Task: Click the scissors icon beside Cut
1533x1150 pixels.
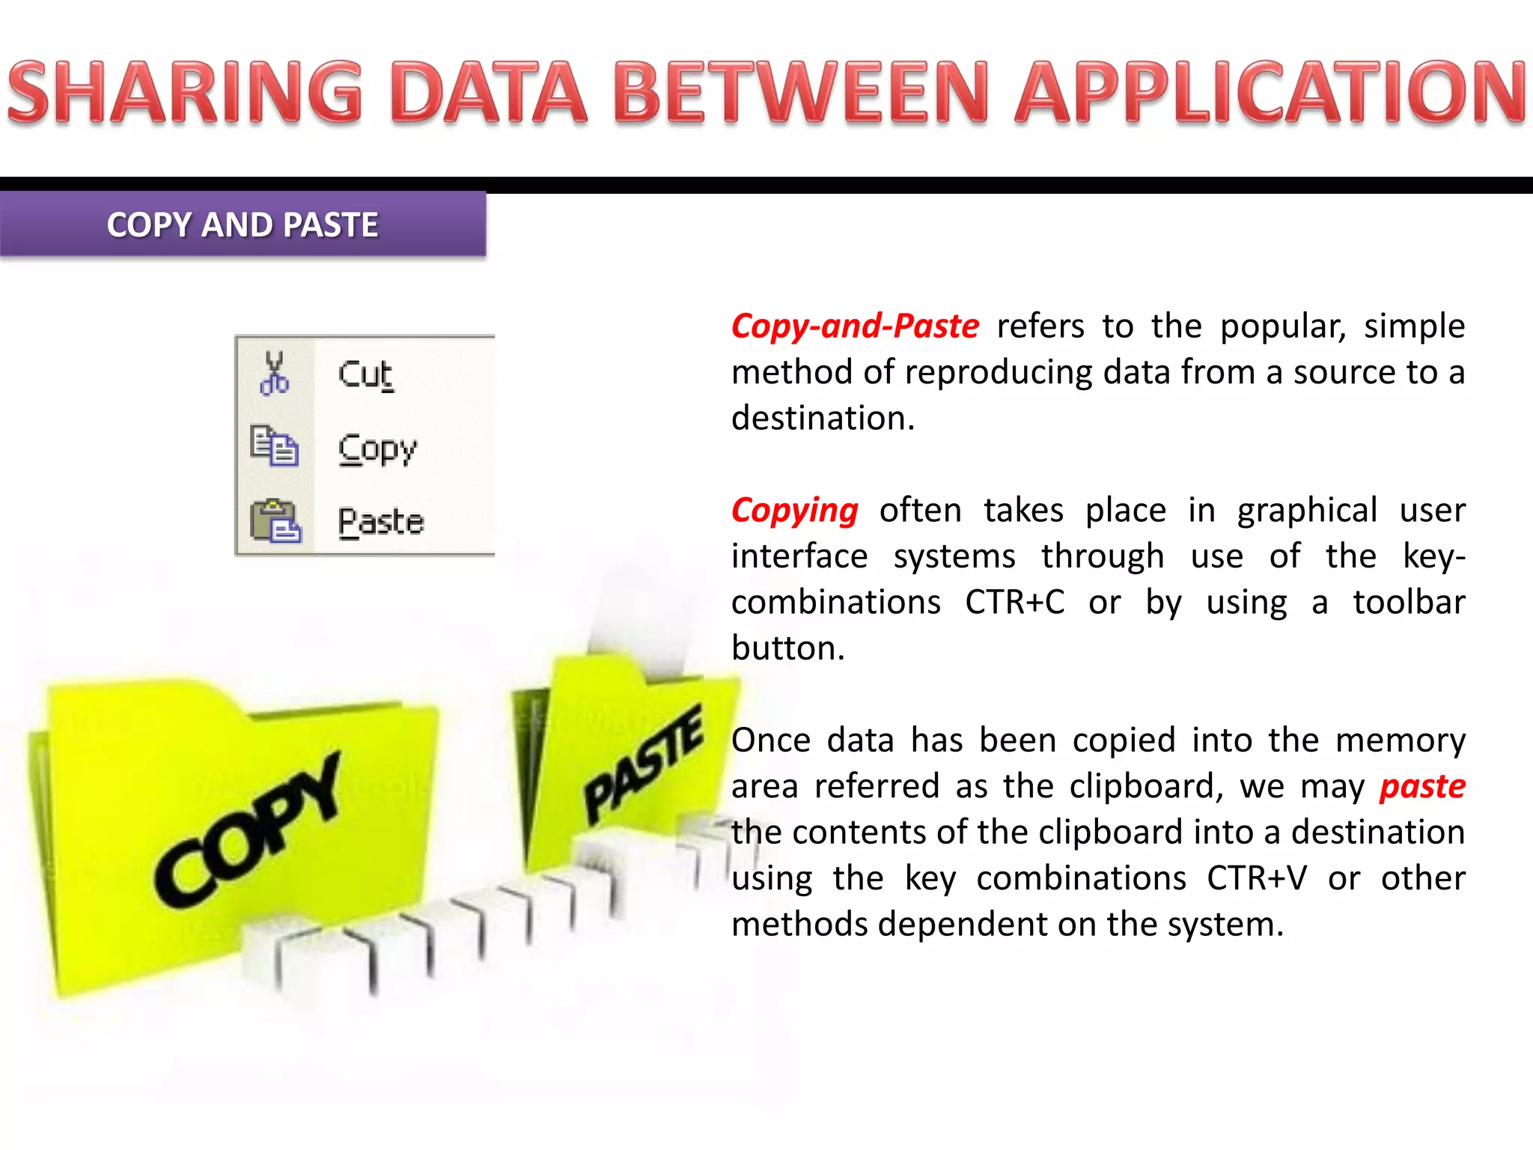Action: point(274,373)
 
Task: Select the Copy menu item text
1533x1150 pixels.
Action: point(377,449)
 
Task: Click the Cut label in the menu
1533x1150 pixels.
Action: point(365,374)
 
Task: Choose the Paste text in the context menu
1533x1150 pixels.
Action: point(381,521)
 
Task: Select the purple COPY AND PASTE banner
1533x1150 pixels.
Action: point(243,225)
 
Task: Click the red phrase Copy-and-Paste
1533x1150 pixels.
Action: point(855,326)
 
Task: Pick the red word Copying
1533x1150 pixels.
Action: point(794,511)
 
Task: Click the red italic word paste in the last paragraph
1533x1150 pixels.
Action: point(1422,786)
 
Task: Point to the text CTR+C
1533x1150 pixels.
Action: point(1014,602)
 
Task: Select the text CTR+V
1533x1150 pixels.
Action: point(1257,878)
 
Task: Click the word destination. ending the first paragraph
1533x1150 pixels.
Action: point(823,419)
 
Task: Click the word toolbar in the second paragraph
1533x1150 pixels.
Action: point(1409,602)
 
